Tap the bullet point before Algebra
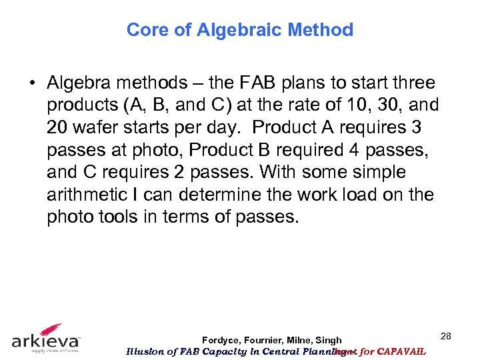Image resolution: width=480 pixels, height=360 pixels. click(32, 83)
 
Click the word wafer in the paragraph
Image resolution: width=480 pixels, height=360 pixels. click(96, 127)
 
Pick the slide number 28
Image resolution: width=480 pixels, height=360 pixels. click(446, 336)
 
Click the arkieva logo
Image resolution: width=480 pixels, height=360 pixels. click(47, 338)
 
